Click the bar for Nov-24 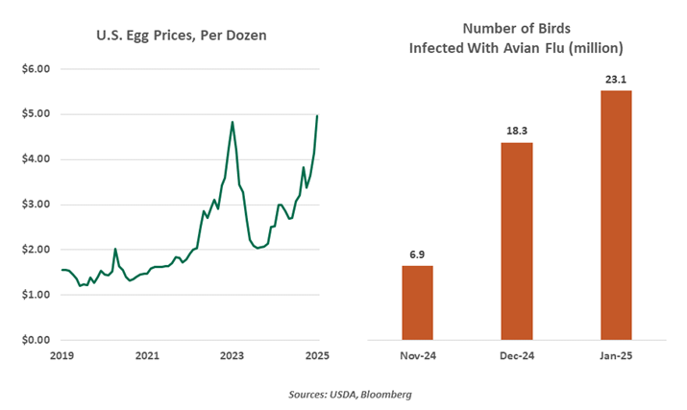point(417,302)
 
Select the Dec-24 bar point(516,241)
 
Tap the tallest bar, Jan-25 point(615,215)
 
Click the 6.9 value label point(417,253)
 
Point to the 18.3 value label point(516,131)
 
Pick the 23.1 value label point(615,79)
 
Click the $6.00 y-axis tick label point(36,69)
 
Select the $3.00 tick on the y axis point(36,205)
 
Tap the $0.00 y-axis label point(36,340)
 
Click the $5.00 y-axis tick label point(36,114)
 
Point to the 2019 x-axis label point(61,356)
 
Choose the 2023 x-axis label point(233,356)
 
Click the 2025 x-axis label point(318,356)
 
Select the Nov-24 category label point(417,356)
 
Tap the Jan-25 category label point(615,356)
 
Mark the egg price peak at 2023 point(233,122)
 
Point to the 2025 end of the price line point(318,115)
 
